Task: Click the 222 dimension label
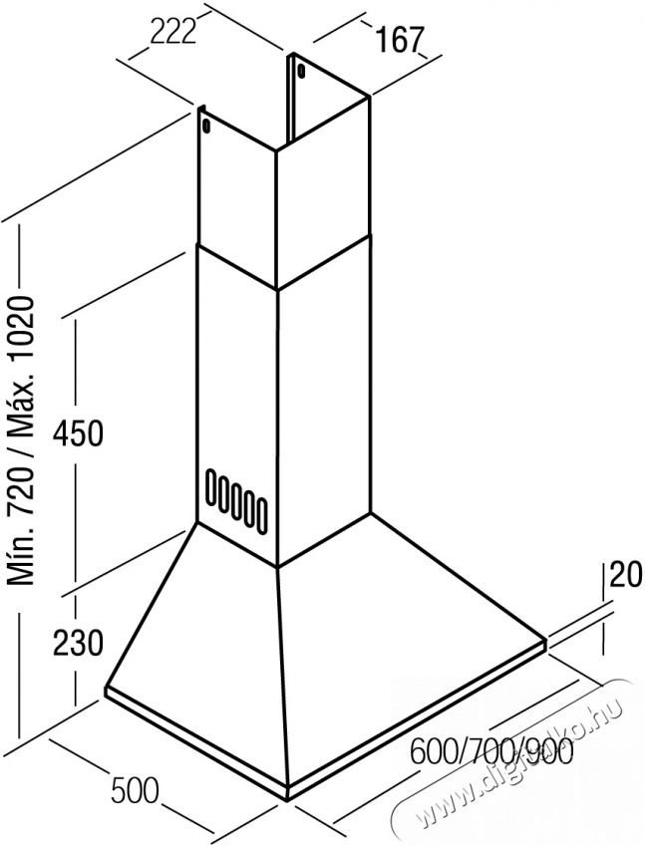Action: click(x=172, y=33)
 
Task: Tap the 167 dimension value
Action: click(x=399, y=40)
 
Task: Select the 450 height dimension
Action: click(x=77, y=433)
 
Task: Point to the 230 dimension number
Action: click(x=77, y=643)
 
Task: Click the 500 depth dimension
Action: click(x=135, y=790)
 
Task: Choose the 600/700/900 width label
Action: click(x=491, y=750)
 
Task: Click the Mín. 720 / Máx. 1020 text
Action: click(x=23, y=440)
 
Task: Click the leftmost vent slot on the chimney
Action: click(x=209, y=485)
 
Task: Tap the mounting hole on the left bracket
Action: click(x=205, y=125)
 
